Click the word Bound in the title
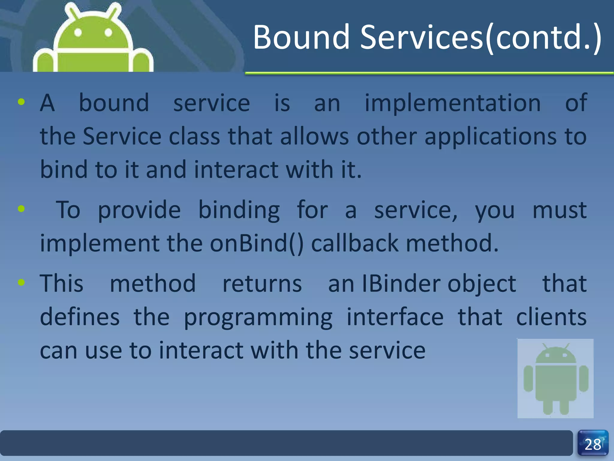[x=301, y=38]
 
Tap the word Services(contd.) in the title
[x=480, y=38]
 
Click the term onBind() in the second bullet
[x=256, y=243]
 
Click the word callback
[x=355, y=243]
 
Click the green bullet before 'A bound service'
[x=21, y=102]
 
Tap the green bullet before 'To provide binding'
[x=21, y=209]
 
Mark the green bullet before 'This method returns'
[x=21, y=282]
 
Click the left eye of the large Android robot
[x=78, y=32]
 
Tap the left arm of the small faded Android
[x=528, y=378]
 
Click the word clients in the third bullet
[x=551, y=317]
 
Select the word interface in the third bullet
[x=395, y=317]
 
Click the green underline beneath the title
[x=429, y=73]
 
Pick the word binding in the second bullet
[x=239, y=210]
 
